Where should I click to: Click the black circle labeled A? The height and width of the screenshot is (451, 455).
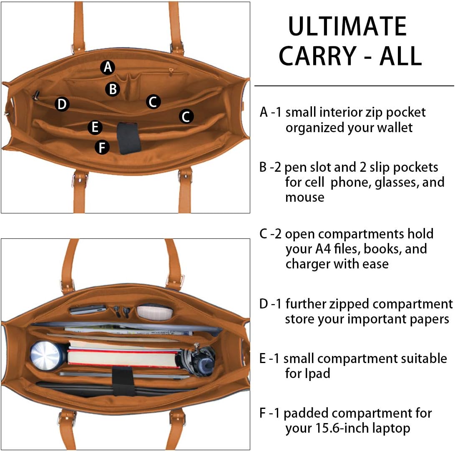click(x=108, y=67)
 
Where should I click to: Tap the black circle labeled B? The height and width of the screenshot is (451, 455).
click(x=113, y=89)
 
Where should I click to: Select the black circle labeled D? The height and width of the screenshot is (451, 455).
click(x=62, y=104)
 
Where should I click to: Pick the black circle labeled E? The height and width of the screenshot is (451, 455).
click(x=95, y=127)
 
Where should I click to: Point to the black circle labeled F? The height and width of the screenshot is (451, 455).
click(x=102, y=147)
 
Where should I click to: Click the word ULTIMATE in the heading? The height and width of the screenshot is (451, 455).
click(x=348, y=26)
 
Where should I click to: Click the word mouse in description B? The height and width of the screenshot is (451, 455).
click(x=305, y=198)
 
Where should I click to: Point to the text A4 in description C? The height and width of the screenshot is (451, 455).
click(x=323, y=249)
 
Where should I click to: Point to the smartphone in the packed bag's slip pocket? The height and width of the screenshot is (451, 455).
click(x=88, y=309)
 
